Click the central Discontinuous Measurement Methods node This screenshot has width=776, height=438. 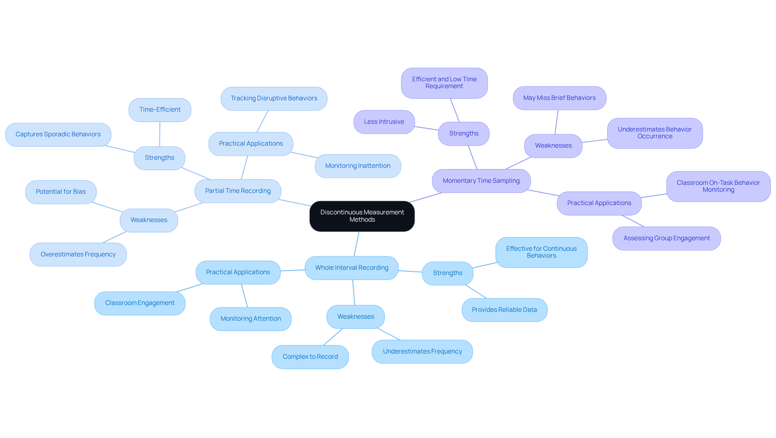[x=362, y=216]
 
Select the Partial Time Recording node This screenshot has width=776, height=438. [x=238, y=191]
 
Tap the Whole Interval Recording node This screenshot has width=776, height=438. [x=351, y=268]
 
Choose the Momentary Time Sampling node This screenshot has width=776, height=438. [x=481, y=181]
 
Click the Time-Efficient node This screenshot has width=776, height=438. [x=160, y=110]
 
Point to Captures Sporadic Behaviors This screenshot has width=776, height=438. [x=58, y=134]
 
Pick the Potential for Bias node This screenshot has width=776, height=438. [x=61, y=192]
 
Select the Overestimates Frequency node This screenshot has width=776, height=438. [x=78, y=254]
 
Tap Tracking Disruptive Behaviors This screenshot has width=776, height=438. [x=274, y=98]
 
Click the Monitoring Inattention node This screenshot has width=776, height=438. [x=358, y=166]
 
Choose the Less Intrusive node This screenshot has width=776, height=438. [x=384, y=122]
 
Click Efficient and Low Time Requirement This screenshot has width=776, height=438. [x=444, y=83]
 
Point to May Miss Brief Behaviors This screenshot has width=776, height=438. [x=559, y=98]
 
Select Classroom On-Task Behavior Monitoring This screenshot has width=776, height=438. [x=718, y=186]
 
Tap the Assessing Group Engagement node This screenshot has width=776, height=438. [x=666, y=238]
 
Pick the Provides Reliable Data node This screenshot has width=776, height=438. [x=504, y=310]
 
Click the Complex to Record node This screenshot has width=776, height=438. [x=310, y=357]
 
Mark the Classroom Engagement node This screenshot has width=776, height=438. [x=140, y=303]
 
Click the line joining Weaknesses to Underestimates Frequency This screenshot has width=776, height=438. [x=388, y=334]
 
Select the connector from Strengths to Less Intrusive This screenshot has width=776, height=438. [x=426, y=128]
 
